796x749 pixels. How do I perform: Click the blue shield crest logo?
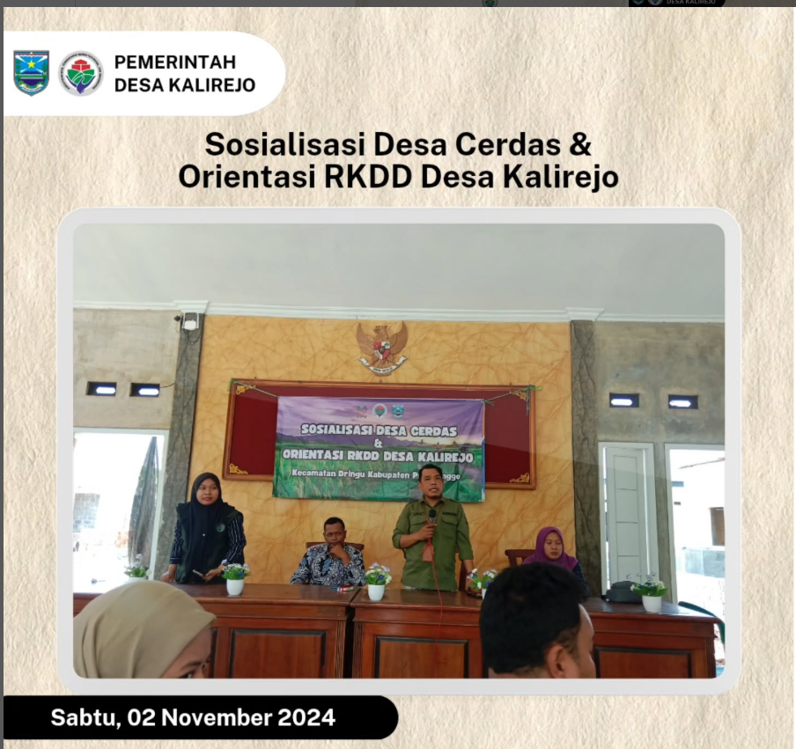(31, 73)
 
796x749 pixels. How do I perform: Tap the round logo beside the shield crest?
(81, 73)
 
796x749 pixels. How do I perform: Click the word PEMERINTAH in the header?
(175, 62)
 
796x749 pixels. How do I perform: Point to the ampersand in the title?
(579, 144)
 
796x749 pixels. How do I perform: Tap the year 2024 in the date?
(306, 717)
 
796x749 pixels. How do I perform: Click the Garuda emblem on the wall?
(382, 346)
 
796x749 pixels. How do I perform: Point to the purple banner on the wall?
(380, 448)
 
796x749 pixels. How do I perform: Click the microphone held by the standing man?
(432, 517)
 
